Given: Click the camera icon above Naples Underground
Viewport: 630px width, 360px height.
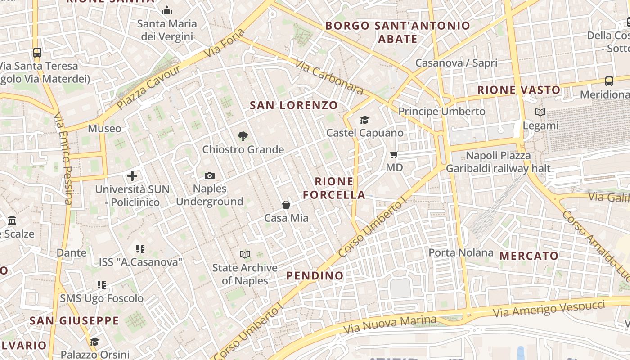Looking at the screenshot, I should coord(209,175).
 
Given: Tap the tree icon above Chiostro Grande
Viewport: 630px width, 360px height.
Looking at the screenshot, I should coord(243,136).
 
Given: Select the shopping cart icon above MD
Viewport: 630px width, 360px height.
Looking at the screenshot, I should coord(394,155).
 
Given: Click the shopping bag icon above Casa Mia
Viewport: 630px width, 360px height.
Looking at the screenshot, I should coord(286,205).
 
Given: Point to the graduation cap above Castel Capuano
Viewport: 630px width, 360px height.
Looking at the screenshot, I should coord(364,120).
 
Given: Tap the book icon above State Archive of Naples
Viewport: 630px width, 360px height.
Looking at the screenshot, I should coord(245,255).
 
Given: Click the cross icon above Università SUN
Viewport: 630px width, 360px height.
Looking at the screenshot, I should coord(132,176).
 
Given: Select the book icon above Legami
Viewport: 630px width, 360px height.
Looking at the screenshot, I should coord(540,112).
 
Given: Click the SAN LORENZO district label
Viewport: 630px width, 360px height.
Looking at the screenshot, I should coord(293,105).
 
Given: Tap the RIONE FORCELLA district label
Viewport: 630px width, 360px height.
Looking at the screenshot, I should coord(334,188).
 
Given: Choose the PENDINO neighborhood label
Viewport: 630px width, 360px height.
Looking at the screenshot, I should coord(315,275).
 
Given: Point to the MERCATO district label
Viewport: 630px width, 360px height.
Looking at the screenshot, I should coord(529,256).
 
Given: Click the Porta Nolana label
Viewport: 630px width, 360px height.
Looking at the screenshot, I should coord(461,252).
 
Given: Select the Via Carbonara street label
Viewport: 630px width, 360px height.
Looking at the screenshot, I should coord(329,77).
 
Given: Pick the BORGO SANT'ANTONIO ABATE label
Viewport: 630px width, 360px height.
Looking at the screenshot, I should coord(398,32).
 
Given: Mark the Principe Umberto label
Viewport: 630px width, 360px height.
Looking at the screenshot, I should coord(442,111).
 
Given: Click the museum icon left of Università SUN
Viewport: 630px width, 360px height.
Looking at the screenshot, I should coord(12,220).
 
